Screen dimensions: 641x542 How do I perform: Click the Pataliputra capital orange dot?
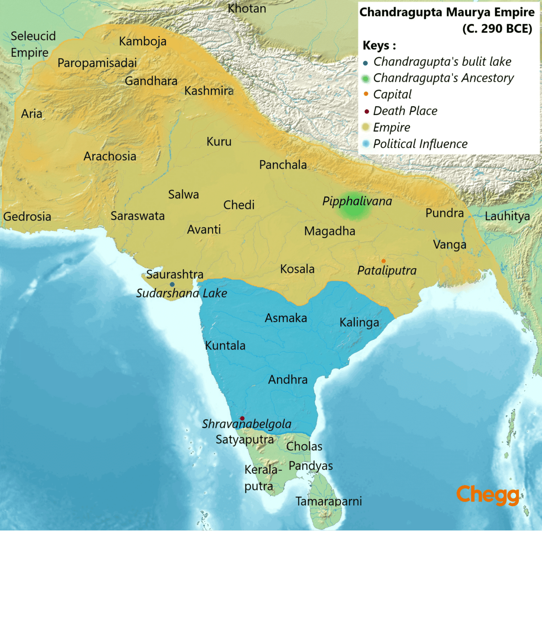(x=384, y=261)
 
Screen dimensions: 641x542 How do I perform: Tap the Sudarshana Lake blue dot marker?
(x=172, y=284)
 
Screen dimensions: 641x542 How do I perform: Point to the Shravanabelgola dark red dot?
(x=242, y=418)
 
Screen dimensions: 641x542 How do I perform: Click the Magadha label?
(x=329, y=231)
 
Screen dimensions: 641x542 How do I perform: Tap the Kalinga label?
(x=359, y=323)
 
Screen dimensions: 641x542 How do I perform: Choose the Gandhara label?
(x=151, y=81)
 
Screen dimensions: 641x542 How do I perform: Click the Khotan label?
(x=247, y=8)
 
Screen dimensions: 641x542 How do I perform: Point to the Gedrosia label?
(x=27, y=217)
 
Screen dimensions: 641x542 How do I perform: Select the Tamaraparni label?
(x=328, y=501)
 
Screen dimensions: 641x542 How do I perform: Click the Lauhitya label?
(x=507, y=216)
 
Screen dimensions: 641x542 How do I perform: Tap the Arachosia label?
(x=110, y=156)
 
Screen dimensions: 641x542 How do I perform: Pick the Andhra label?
(x=288, y=380)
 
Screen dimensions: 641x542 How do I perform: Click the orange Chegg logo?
(x=488, y=495)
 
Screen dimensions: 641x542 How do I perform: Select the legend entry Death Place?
(x=405, y=111)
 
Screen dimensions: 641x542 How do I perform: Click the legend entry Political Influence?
(x=420, y=144)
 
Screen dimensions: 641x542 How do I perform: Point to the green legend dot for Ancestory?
(x=366, y=78)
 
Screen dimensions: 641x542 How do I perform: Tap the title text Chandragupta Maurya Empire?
(x=447, y=12)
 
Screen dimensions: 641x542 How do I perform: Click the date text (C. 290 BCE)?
(x=497, y=28)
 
